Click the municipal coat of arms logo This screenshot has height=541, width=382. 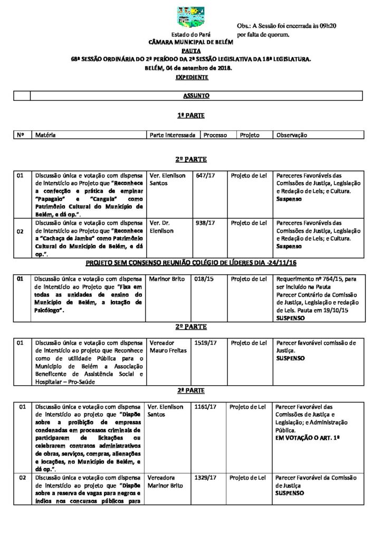190,17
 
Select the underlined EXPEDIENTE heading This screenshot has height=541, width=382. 192,77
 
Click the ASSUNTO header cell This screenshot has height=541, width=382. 196,96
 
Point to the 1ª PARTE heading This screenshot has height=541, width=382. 191,115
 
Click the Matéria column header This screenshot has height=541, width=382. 45,135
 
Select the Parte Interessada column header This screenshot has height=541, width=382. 173,135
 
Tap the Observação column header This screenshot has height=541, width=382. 291,135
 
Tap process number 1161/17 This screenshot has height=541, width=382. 206,407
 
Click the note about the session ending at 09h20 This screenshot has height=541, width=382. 286,30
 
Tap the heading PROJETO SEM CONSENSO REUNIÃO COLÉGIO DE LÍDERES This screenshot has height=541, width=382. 191,263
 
